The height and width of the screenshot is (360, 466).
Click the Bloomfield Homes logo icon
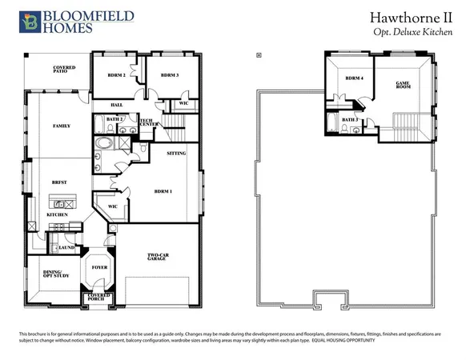pyautogui.click(x=30, y=22)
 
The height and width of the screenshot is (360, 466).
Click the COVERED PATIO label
pyautogui.click(x=64, y=70)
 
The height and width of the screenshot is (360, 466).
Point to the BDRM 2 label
pyautogui.click(x=119, y=74)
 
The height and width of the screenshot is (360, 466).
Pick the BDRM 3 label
pyautogui.click(x=168, y=74)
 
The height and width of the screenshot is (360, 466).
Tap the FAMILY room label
pyautogui.click(x=62, y=126)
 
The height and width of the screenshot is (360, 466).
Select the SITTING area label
pyautogui.click(x=176, y=151)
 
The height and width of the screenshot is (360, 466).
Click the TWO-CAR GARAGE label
pyautogui.click(x=158, y=258)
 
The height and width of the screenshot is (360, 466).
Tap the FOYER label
pyautogui.click(x=99, y=267)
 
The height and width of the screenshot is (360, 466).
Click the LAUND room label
pyautogui.click(x=67, y=247)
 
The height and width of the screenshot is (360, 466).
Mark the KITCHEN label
pyautogui.click(x=58, y=214)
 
